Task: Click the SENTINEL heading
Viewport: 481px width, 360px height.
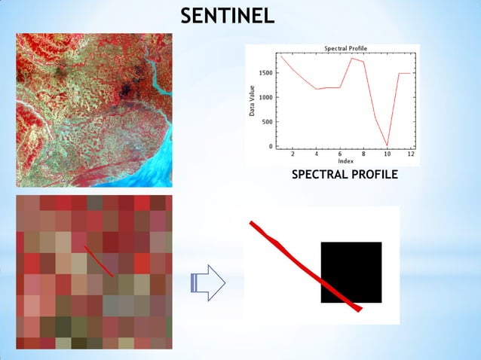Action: coord(227,16)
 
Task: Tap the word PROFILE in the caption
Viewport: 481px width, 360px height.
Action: coord(374,175)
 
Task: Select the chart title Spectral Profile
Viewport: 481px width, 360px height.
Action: coord(345,48)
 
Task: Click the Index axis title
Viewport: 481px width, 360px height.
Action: coord(345,161)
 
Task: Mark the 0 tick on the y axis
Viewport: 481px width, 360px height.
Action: coord(271,146)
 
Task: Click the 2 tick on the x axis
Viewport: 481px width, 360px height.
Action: coord(293,154)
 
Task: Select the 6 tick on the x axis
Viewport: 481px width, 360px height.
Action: coord(339,154)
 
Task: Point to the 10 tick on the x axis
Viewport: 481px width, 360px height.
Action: coord(387,154)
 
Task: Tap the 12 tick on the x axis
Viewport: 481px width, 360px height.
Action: coord(410,154)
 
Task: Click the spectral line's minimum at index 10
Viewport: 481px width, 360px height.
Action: coord(387,145)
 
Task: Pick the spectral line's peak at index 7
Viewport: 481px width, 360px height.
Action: coord(351,58)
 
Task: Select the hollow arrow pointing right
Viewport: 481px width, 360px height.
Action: coord(208,282)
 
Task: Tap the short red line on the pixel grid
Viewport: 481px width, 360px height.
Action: coord(99,261)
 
